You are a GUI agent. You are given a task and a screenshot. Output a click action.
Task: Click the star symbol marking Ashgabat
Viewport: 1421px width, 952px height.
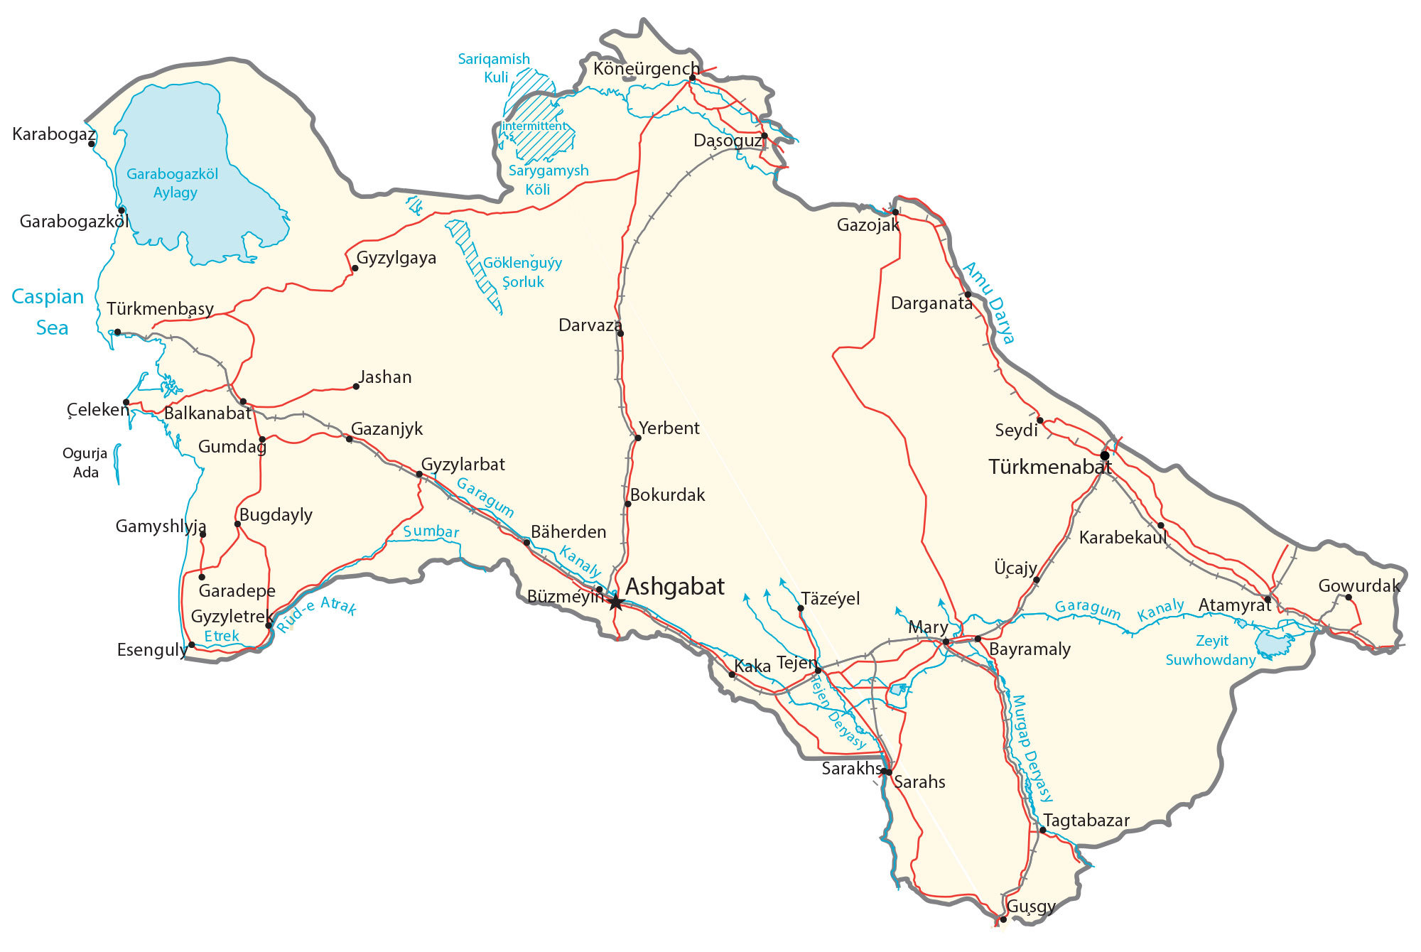pos(615,602)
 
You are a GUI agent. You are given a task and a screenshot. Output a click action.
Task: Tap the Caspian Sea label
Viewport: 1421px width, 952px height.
pos(48,312)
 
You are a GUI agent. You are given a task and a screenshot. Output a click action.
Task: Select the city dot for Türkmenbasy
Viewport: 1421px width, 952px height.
pos(117,332)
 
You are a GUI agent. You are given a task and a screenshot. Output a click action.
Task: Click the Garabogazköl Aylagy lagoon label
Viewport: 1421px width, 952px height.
pos(173,183)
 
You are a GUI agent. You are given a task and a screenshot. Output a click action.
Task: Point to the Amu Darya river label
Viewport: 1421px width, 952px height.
pos(990,303)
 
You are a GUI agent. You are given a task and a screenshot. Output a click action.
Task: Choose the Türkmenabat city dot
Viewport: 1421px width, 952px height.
pos(1104,455)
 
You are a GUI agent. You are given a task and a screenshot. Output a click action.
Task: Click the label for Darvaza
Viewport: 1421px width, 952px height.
pos(589,325)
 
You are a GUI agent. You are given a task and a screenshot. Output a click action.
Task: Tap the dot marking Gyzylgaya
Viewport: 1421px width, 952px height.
pos(355,269)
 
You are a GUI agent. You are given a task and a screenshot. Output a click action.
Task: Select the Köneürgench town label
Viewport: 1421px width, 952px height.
pos(645,69)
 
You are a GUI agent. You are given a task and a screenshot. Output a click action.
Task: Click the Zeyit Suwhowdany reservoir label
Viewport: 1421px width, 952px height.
pos(1211,650)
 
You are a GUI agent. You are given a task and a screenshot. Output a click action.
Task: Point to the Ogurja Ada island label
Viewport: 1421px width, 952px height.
pos(85,463)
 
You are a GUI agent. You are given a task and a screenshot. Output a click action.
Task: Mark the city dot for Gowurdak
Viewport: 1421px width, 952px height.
pos(1349,597)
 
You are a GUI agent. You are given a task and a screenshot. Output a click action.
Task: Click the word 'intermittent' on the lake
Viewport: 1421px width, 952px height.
pos(535,126)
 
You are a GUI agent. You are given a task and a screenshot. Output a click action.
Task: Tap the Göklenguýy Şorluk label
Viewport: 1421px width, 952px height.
pos(523,273)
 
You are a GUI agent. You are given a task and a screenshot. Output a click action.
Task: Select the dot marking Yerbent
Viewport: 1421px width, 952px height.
pos(637,438)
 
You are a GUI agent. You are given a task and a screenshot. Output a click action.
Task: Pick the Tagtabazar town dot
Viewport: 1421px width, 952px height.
pos(1042,830)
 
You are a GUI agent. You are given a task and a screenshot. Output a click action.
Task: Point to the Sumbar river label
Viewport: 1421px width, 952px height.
pos(431,531)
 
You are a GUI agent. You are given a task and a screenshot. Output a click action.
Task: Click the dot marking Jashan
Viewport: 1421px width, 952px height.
pos(356,386)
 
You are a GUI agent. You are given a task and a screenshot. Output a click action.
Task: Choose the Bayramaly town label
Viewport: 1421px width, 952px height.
pos(1030,649)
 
